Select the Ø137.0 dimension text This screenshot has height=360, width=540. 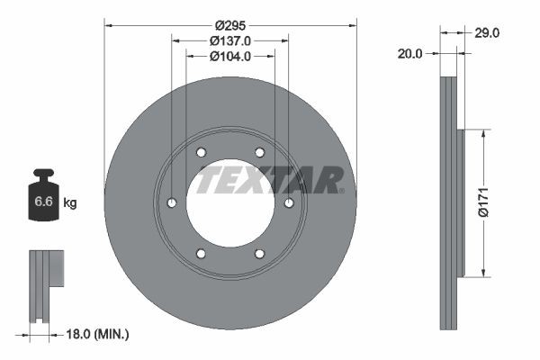pyautogui.click(x=229, y=40)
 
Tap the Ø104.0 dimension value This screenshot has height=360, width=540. pyautogui.click(x=229, y=56)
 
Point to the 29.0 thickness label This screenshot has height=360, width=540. pyautogui.click(x=487, y=32)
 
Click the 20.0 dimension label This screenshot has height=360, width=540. pyautogui.click(x=409, y=54)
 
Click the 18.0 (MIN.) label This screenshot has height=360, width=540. pyautogui.click(x=99, y=334)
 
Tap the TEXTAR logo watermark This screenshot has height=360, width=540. pyautogui.click(x=270, y=179)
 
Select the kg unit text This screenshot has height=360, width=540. pyautogui.click(x=69, y=203)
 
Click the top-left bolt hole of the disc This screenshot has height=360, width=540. pyautogui.click(x=201, y=152)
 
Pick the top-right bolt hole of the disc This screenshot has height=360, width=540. pyautogui.click(x=259, y=152)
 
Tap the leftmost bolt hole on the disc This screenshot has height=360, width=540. pyautogui.click(x=171, y=203)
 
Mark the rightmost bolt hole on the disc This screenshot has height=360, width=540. pyautogui.click(x=289, y=203)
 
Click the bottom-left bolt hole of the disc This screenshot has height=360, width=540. pyautogui.click(x=201, y=254)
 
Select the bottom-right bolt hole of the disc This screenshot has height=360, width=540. pyautogui.click(x=259, y=254)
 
